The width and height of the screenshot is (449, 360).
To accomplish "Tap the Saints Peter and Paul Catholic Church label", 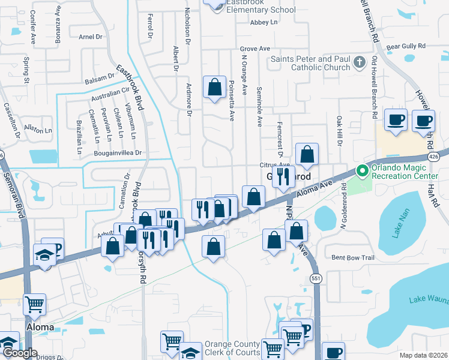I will coord(310,63).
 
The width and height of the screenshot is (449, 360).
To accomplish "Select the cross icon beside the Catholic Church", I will coord(359,62).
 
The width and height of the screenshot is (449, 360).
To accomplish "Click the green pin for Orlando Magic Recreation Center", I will coord(362,171).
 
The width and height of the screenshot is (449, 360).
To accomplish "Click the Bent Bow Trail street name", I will coord(353,258).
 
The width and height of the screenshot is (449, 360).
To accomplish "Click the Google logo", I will coord(20,353).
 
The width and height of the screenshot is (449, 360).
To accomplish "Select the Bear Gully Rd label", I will coord(406,46).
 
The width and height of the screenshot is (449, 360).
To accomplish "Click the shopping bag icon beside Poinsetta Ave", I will coord(214,88).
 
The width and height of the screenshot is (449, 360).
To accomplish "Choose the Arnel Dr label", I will coord(90,37).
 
